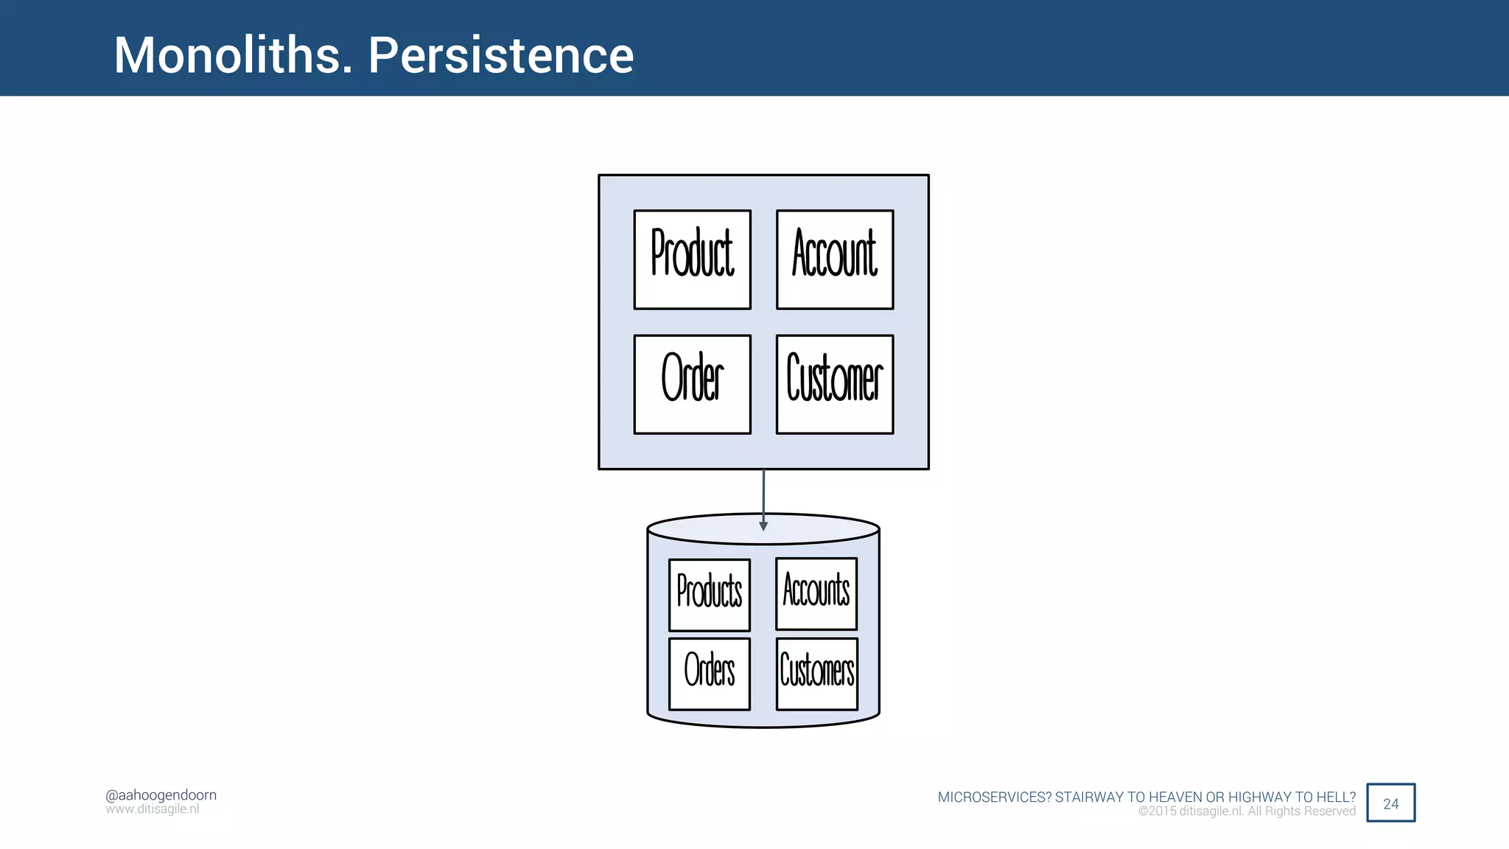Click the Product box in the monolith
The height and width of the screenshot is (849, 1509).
click(x=692, y=259)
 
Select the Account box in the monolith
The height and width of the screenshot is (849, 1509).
click(x=835, y=259)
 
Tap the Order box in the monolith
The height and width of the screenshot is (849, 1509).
click(x=692, y=384)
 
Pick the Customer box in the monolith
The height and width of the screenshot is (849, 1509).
click(x=835, y=384)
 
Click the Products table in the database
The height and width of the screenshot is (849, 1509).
click(x=710, y=595)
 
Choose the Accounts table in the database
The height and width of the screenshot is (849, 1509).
click(x=816, y=593)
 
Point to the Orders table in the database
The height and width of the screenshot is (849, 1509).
click(x=710, y=674)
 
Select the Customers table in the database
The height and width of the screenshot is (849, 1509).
click(x=817, y=674)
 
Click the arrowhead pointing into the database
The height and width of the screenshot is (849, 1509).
click(x=763, y=525)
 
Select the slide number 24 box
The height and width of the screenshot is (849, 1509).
click(x=1390, y=803)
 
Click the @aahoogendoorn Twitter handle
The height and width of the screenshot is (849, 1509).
click(x=161, y=795)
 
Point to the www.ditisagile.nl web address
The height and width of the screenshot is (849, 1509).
click(x=153, y=809)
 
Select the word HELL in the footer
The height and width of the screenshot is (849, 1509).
click(x=1334, y=797)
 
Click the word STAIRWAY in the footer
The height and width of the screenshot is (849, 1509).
click(x=1088, y=797)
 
